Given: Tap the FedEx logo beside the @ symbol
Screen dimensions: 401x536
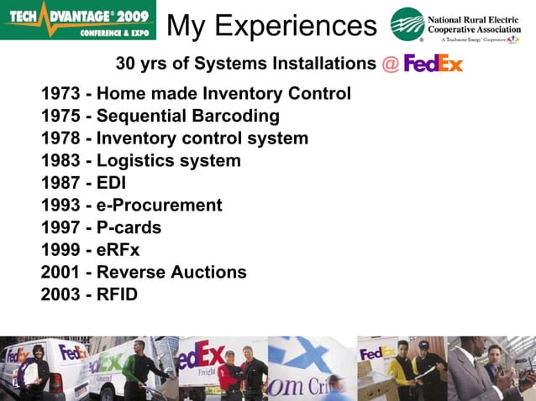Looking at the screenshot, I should click(434, 64).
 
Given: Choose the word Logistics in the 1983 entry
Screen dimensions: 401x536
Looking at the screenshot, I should click(134, 160).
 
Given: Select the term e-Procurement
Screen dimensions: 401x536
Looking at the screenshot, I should click(159, 206).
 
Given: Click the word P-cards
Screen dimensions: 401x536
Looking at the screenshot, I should click(129, 227).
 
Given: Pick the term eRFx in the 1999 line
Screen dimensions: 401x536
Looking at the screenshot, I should click(118, 250).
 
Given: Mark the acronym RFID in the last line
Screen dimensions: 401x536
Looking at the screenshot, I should click(117, 294).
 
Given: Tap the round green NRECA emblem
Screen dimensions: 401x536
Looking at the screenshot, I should click(407, 24).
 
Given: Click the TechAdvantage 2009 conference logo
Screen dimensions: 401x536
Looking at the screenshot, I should click(79, 20).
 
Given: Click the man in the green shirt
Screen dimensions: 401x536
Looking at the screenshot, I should click(136, 369).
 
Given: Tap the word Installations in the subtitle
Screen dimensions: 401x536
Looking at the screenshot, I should click(323, 64).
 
